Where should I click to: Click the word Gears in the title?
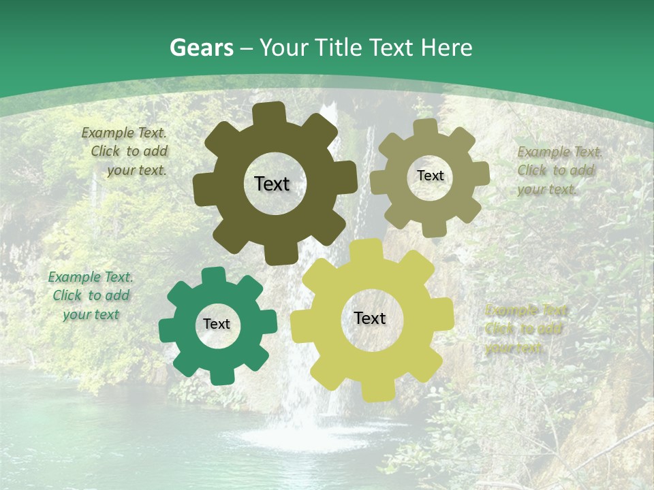[x=201, y=48]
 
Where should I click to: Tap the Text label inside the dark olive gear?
[x=272, y=184]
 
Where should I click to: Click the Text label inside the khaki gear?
[x=430, y=176]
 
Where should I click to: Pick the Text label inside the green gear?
[x=217, y=324]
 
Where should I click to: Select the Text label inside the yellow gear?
[x=370, y=318]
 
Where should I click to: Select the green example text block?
[x=91, y=295]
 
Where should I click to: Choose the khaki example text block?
[x=559, y=170]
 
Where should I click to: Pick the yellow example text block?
[x=525, y=329]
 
